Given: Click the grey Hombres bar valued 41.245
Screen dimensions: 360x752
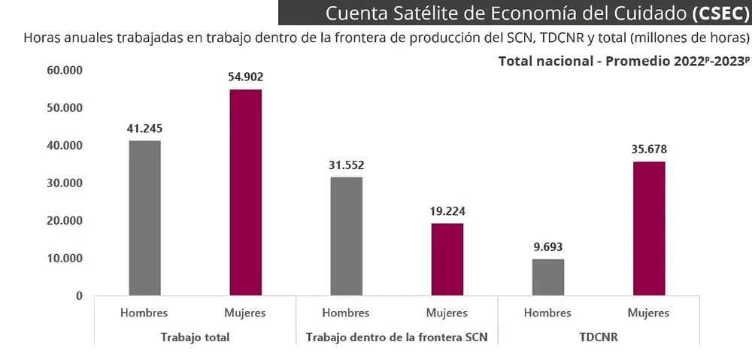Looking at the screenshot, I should pyautogui.click(x=144, y=218).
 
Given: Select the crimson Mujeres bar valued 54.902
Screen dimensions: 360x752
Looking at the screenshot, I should pyautogui.click(x=245, y=192).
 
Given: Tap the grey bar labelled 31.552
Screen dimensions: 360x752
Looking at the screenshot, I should pyautogui.click(x=346, y=236).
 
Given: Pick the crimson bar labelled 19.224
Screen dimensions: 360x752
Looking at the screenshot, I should pyautogui.click(x=447, y=259).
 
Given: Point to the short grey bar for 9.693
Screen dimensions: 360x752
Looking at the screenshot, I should pyautogui.click(x=547, y=277).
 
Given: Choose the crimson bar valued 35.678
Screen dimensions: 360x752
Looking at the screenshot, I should pyautogui.click(x=648, y=228).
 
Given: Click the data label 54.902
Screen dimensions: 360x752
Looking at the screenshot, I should pyautogui.click(x=245, y=77).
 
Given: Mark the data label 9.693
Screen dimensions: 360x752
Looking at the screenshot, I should pyautogui.click(x=547, y=247).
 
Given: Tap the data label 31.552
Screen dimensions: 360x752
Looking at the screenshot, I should pyautogui.click(x=346, y=165).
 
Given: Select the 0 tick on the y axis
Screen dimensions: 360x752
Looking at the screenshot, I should pyautogui.click(x=78, y=296).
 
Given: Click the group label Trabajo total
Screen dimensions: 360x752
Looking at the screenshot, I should pyautogui.click(x=195, y=337).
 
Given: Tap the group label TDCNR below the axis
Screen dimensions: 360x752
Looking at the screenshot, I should pyautogui.click(x=598, y=337).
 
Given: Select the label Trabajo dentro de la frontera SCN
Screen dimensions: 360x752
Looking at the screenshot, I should pyautogui.click(x=397, y=337).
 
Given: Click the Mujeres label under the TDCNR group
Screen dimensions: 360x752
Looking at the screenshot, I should pyautogui.click(x=648, y=313).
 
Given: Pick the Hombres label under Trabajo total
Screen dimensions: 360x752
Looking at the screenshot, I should pyautogui.click(x=144, y=313).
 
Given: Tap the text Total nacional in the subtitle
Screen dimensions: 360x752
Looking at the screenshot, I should pyautogui.click(x=545, y=61).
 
